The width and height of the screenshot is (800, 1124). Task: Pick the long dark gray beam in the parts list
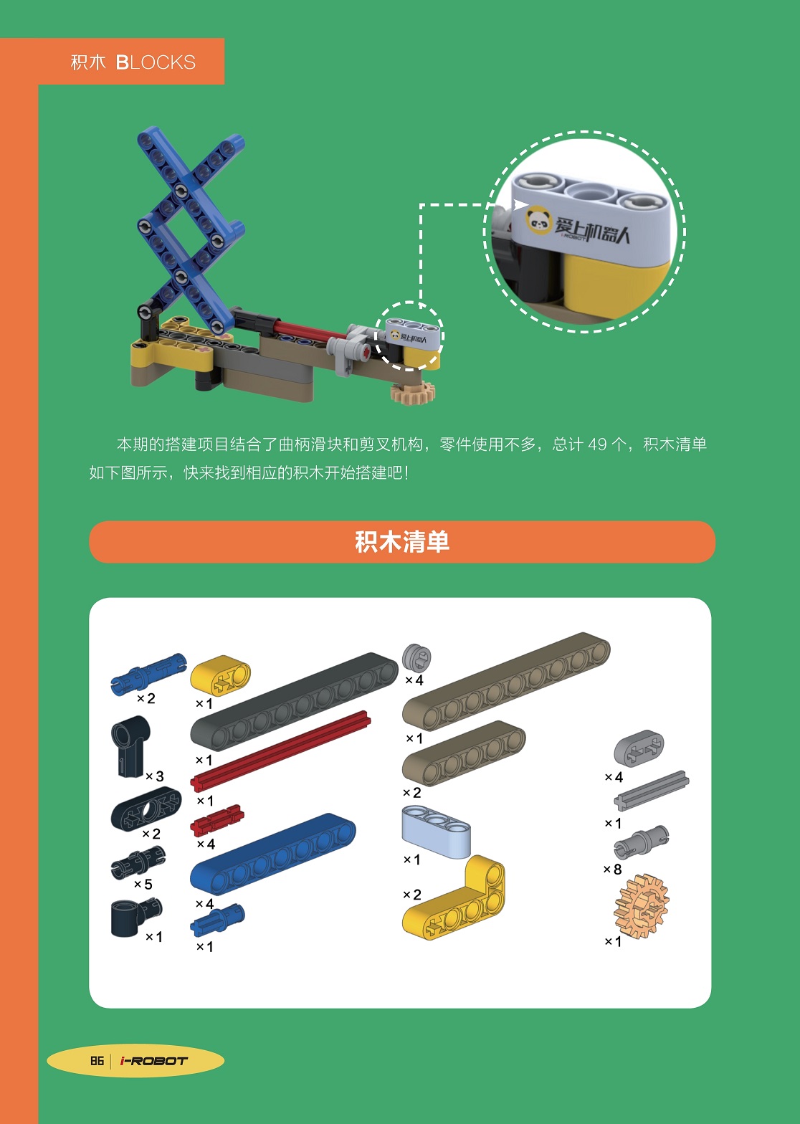294,701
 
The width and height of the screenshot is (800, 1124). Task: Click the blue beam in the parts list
273,854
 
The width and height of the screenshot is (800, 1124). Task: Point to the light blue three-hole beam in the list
436,832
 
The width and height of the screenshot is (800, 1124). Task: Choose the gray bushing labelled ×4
417,657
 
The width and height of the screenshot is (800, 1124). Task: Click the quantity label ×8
612,869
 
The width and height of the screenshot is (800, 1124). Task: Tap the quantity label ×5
143,884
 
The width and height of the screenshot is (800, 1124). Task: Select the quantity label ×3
155,776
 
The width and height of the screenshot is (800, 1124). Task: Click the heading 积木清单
402,542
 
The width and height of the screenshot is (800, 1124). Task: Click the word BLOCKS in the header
156,62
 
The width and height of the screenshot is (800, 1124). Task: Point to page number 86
97,1060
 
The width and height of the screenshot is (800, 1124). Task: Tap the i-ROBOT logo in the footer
153,1061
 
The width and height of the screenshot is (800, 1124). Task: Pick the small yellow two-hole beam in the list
220,675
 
